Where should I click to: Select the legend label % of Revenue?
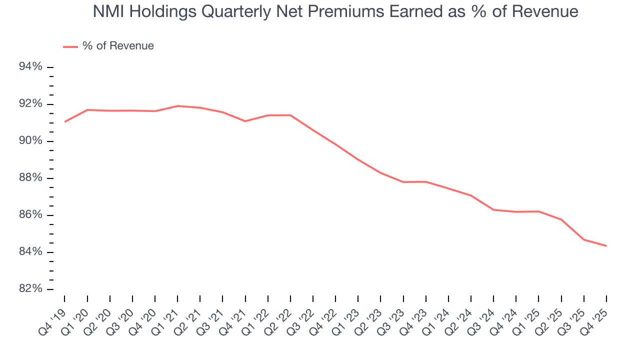pos(118,46)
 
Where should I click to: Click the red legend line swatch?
pos(70,46)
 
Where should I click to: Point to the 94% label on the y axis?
pos(31,67)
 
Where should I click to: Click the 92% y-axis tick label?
pos(31,104)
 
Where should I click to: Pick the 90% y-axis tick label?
pos(31,141)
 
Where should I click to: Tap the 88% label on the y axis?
pos(31,178)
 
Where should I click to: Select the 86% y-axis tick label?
pos(31,215)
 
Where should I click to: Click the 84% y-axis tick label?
pos(31,252)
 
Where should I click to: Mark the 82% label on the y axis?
pos(31,289)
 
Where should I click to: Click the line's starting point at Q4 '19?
pos(65,121)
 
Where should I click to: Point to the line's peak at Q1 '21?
pos(177,106)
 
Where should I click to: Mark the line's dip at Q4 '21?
pos(245,121)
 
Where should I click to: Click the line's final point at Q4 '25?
pos(606,245)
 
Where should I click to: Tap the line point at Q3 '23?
pos(403,182)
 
